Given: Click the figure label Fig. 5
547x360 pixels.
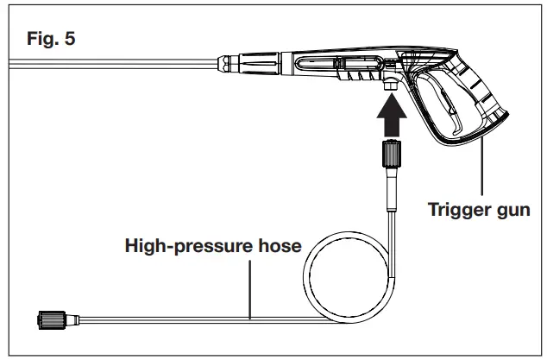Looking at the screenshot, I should (x=51, y=41).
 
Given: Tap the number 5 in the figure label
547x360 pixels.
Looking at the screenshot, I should (x=70, y=41).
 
